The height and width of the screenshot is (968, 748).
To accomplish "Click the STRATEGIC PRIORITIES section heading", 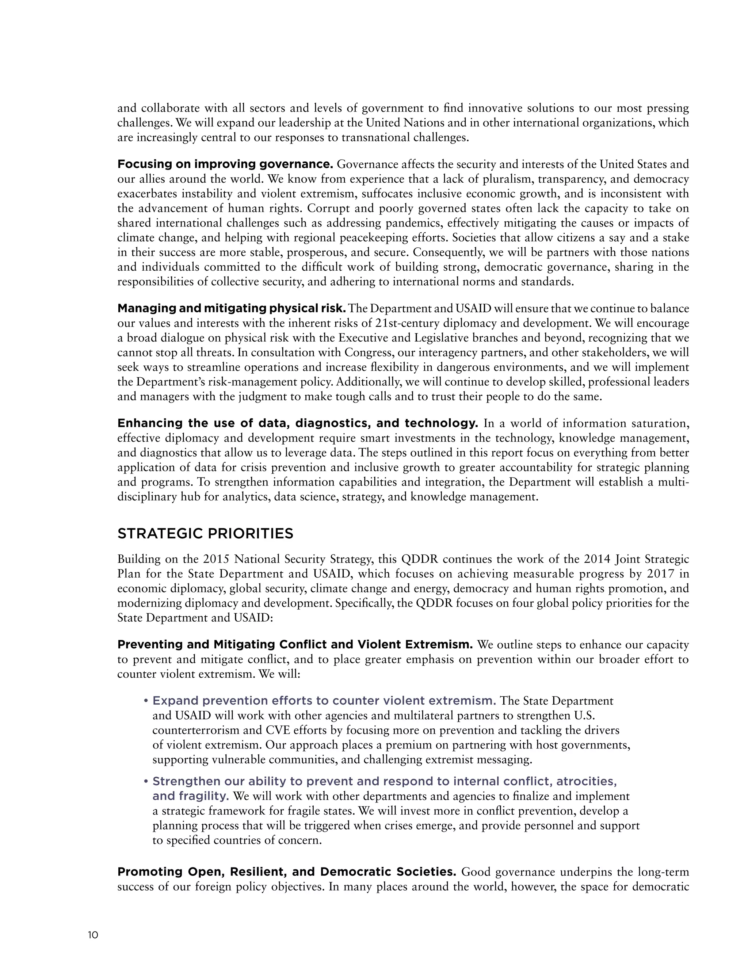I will pos(205,533).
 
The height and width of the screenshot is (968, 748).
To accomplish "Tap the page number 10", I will pos(93,935).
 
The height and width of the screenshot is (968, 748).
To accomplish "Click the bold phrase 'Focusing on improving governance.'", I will pos(225,164).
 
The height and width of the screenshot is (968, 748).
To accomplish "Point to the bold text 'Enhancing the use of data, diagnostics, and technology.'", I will pos(297,423).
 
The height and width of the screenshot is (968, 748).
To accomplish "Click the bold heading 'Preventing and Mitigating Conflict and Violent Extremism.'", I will pos(295,644).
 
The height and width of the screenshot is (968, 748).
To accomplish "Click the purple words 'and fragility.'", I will pos(191,796).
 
